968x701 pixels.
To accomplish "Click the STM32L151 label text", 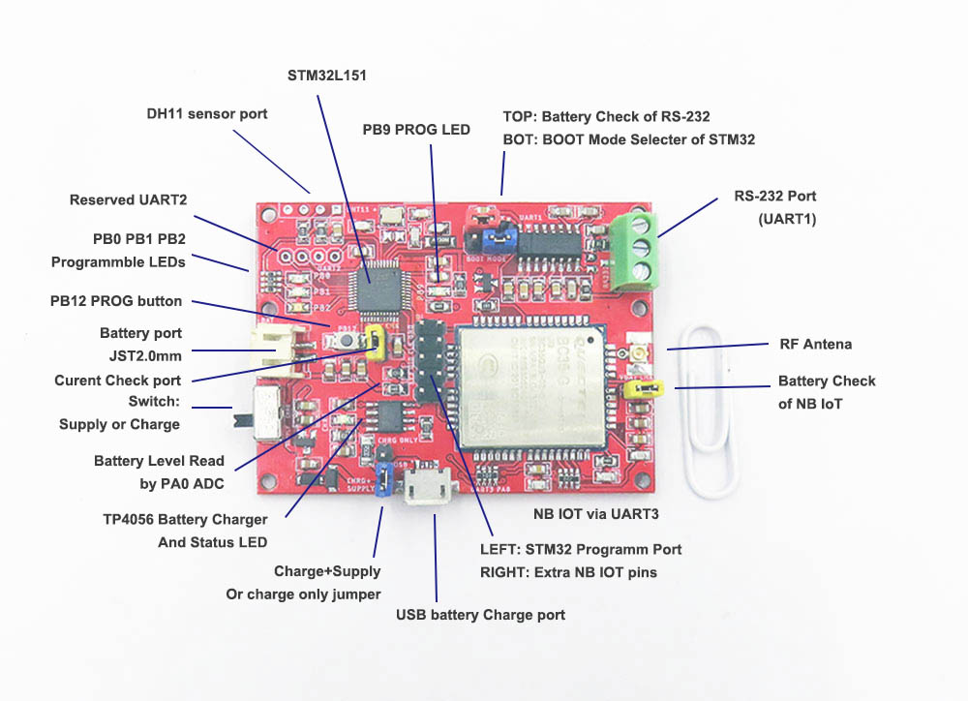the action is click(327, 75).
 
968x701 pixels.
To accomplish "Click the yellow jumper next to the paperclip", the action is click(644, 389).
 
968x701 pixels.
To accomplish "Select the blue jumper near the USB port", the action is click(384, 477).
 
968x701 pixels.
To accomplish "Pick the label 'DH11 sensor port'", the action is click(207, 114).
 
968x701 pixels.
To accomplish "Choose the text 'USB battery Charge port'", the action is click(480, 615).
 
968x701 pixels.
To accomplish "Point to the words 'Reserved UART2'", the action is click(128, 200).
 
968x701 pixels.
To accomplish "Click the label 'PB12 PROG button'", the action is click(116, 301).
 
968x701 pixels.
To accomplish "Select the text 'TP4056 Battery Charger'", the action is click(185, 520).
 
